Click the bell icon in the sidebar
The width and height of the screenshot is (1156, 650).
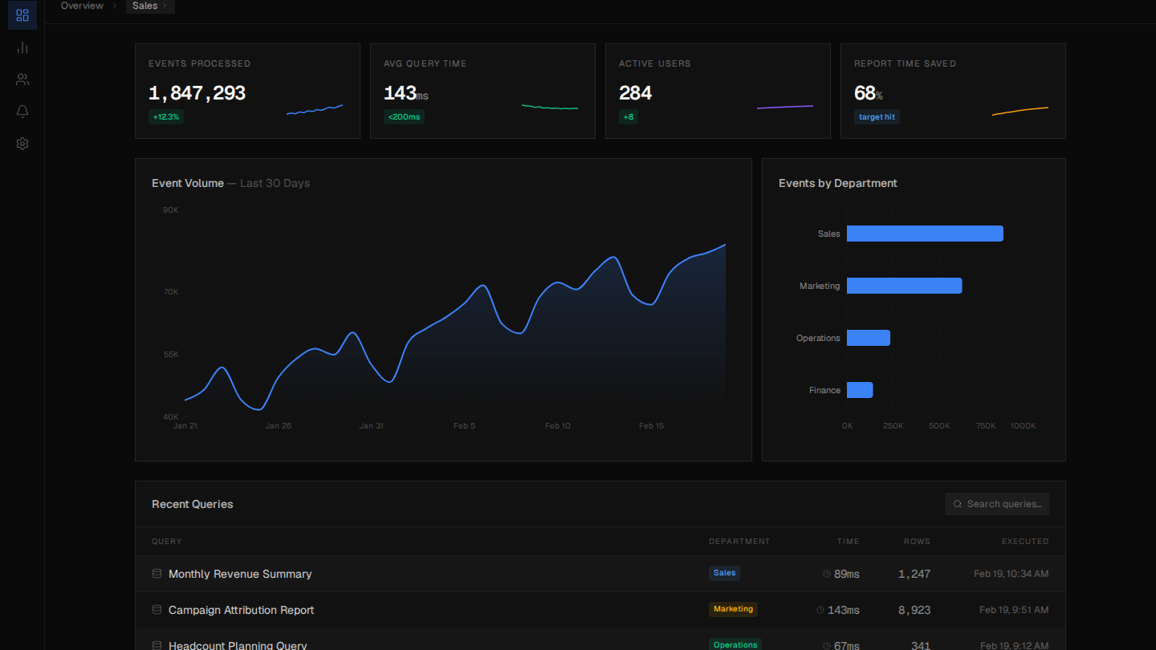(22, 112)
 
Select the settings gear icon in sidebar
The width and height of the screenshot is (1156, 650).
(22, 144)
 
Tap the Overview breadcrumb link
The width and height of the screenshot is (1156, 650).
(82, 6)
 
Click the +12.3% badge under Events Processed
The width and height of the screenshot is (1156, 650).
(167, 117)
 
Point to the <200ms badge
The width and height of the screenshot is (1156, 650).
(404, 117)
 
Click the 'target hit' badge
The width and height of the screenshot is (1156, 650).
(877, 117)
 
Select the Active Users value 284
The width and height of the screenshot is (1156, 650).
(635, 93)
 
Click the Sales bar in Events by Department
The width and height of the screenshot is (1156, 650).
(925, 234)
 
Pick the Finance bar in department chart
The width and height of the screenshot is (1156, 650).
(860, 390)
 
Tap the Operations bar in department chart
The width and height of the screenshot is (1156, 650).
(869, 338)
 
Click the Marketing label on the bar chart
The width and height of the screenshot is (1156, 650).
(820, 286)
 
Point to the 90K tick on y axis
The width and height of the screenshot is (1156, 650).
(171, 209)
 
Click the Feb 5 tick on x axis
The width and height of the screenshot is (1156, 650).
(464, 426)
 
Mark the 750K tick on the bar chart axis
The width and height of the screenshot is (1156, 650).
(986, 426)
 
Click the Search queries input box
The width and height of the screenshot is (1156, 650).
(997, 504)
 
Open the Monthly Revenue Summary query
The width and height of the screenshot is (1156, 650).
(240, 574)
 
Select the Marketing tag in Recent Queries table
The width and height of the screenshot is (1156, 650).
(733, 609)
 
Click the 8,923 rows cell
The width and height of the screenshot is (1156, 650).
(914, 610)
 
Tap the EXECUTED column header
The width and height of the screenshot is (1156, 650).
(1024, 542)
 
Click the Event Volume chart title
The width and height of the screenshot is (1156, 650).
(188, 183)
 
